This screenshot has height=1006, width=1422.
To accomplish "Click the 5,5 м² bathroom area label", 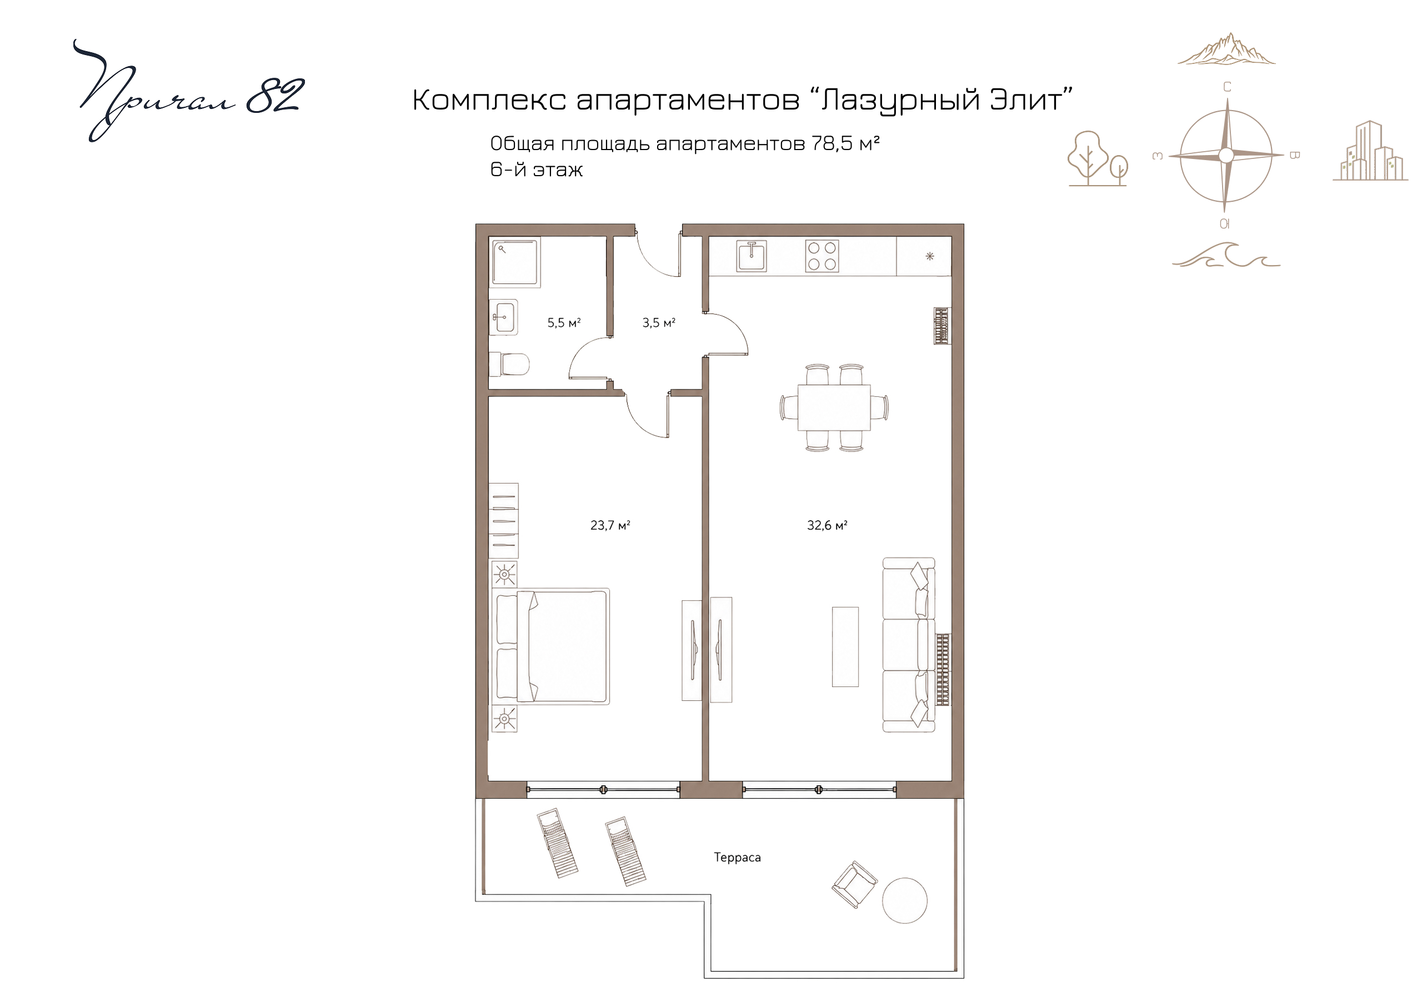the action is click(564, 322).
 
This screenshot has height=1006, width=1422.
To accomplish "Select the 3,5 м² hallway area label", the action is click(658, 322).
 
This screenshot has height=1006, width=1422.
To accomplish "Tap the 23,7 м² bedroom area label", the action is click(610, 525).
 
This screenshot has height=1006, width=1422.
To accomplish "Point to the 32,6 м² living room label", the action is click(827, 525).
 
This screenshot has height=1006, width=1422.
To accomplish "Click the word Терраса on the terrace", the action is click(737, 857).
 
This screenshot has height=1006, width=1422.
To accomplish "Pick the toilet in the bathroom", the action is click(509, 365).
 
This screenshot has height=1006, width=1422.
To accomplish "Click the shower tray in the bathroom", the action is click(515, 263).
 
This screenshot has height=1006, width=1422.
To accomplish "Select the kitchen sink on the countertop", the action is click(751, 256).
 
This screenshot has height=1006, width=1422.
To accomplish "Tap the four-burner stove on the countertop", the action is click(822, 256).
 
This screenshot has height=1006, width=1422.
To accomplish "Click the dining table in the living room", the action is click(834, 407).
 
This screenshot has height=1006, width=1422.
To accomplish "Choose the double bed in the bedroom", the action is click(551, 646).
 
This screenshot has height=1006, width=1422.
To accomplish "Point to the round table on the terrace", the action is click(904, 900).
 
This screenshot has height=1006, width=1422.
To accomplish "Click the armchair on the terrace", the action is click(855, 884).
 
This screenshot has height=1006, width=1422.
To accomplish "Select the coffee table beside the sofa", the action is click(845, 646).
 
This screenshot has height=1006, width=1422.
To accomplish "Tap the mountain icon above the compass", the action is click(1226, 49).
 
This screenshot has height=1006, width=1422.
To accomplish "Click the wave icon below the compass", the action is click(1226, 255).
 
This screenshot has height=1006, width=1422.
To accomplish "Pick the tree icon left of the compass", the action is click(1097, 158).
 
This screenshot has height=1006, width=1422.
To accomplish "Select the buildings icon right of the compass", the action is click(1370, 151).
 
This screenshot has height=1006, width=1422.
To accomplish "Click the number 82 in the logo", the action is click(275, 97).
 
